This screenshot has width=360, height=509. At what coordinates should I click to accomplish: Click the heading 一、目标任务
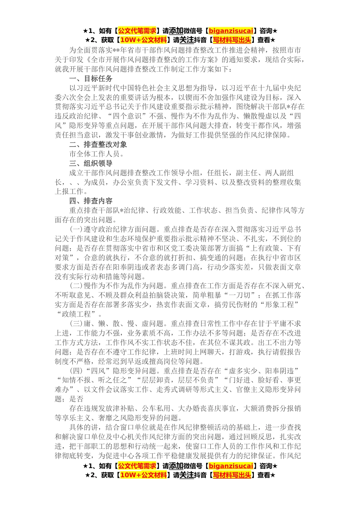(x=91, y=79)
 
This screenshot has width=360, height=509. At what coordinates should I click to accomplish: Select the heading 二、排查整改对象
(x=98, y=145)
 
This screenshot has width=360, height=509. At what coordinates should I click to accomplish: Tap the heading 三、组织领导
(x=91, y=164)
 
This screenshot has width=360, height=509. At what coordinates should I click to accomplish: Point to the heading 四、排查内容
(x=91, y=201)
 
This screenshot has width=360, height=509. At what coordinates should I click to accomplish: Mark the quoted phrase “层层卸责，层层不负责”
(x=178, y=380)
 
